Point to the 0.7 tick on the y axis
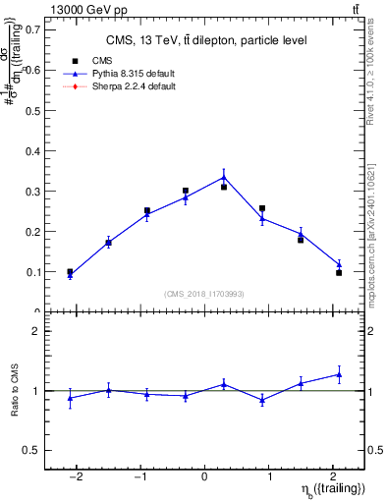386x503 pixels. tap(32, 29)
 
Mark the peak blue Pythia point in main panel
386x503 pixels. tap(224, 177)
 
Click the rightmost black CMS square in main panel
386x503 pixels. tap(339, 272)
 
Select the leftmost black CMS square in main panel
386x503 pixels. tap(70, 272)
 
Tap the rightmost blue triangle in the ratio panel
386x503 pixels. tap(339, 374)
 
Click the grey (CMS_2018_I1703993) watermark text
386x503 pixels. tap(203, 293)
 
